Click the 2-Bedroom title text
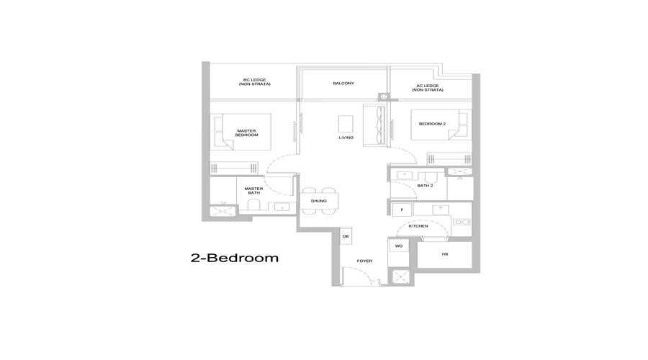[x=234, y=258]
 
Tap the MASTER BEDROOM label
[x=247, y=132]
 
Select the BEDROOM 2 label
[x=432, y=124]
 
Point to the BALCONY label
[x=343, y=83]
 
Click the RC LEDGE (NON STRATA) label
[x=255, y=82]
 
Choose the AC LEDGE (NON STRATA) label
[x=427, y=88]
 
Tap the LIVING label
[x=346, y=138]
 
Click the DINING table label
[x=319, y=201]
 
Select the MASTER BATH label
[x=253, y=191]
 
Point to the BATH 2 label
[x=425, y=186]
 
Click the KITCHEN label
[x=418, y=226]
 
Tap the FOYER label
[x=364, y=261]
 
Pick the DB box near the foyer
[x=346, y=236]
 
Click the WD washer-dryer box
[x=399, y=246]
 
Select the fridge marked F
[x=402, y=210]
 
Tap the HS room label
[x=445, y=254]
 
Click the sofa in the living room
[x=374, y=125]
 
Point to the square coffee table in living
[x=346, y=124]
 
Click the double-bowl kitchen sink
[x=462, y=222]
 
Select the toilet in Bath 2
[x=431, y=178]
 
